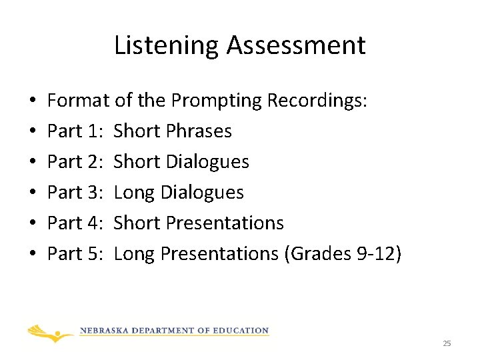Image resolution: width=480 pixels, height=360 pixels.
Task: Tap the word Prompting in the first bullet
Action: [217, 101]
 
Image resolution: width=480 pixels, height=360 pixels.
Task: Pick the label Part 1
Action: [73, 131]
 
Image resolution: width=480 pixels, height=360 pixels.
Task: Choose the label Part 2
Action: [73, 162]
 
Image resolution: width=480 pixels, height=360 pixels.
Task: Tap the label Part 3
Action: [73, 193]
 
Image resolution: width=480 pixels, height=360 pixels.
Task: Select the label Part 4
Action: [73, 223]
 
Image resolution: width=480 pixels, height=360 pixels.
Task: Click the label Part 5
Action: [73, 254]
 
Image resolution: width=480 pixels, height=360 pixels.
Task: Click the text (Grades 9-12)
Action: [343, 254]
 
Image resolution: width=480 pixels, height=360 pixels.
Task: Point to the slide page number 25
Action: [447, 343]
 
